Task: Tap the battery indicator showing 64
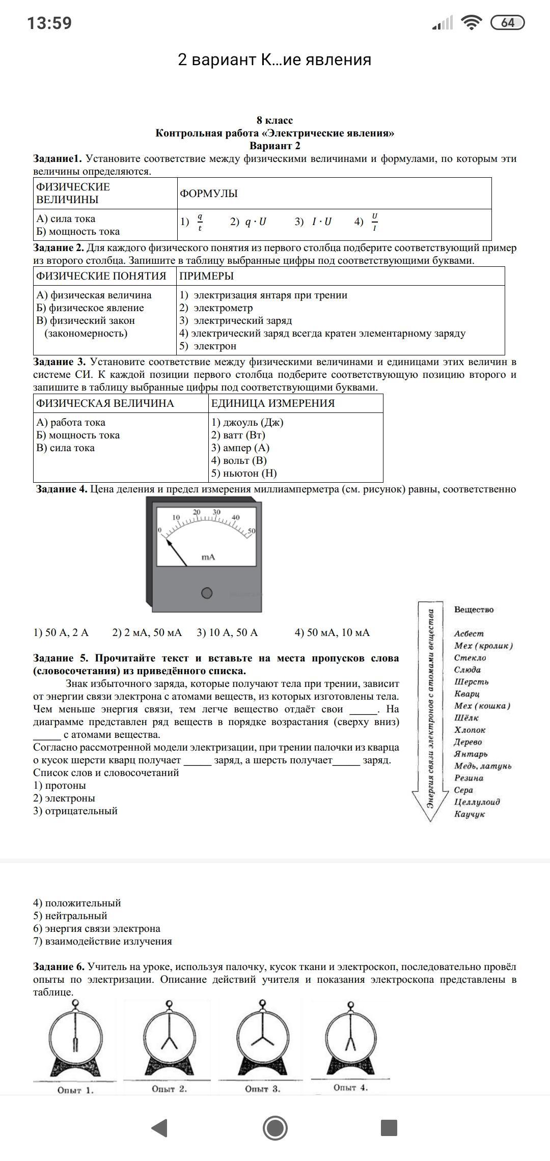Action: coord(507,23)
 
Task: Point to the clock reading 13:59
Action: coord(49,23)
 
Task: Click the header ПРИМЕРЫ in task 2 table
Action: coord(207,276)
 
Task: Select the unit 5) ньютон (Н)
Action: coord(244,474)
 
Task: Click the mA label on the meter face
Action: coord(208,557)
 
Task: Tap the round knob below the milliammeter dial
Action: coord(207,593)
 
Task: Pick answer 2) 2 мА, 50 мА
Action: coord(147,633)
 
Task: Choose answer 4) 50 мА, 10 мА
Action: coord(332,633)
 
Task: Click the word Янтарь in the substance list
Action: coord(471,754)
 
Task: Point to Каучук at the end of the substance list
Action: coord(470,814)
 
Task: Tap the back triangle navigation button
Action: coord(160,1128)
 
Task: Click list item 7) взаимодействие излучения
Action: coord(103,941)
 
